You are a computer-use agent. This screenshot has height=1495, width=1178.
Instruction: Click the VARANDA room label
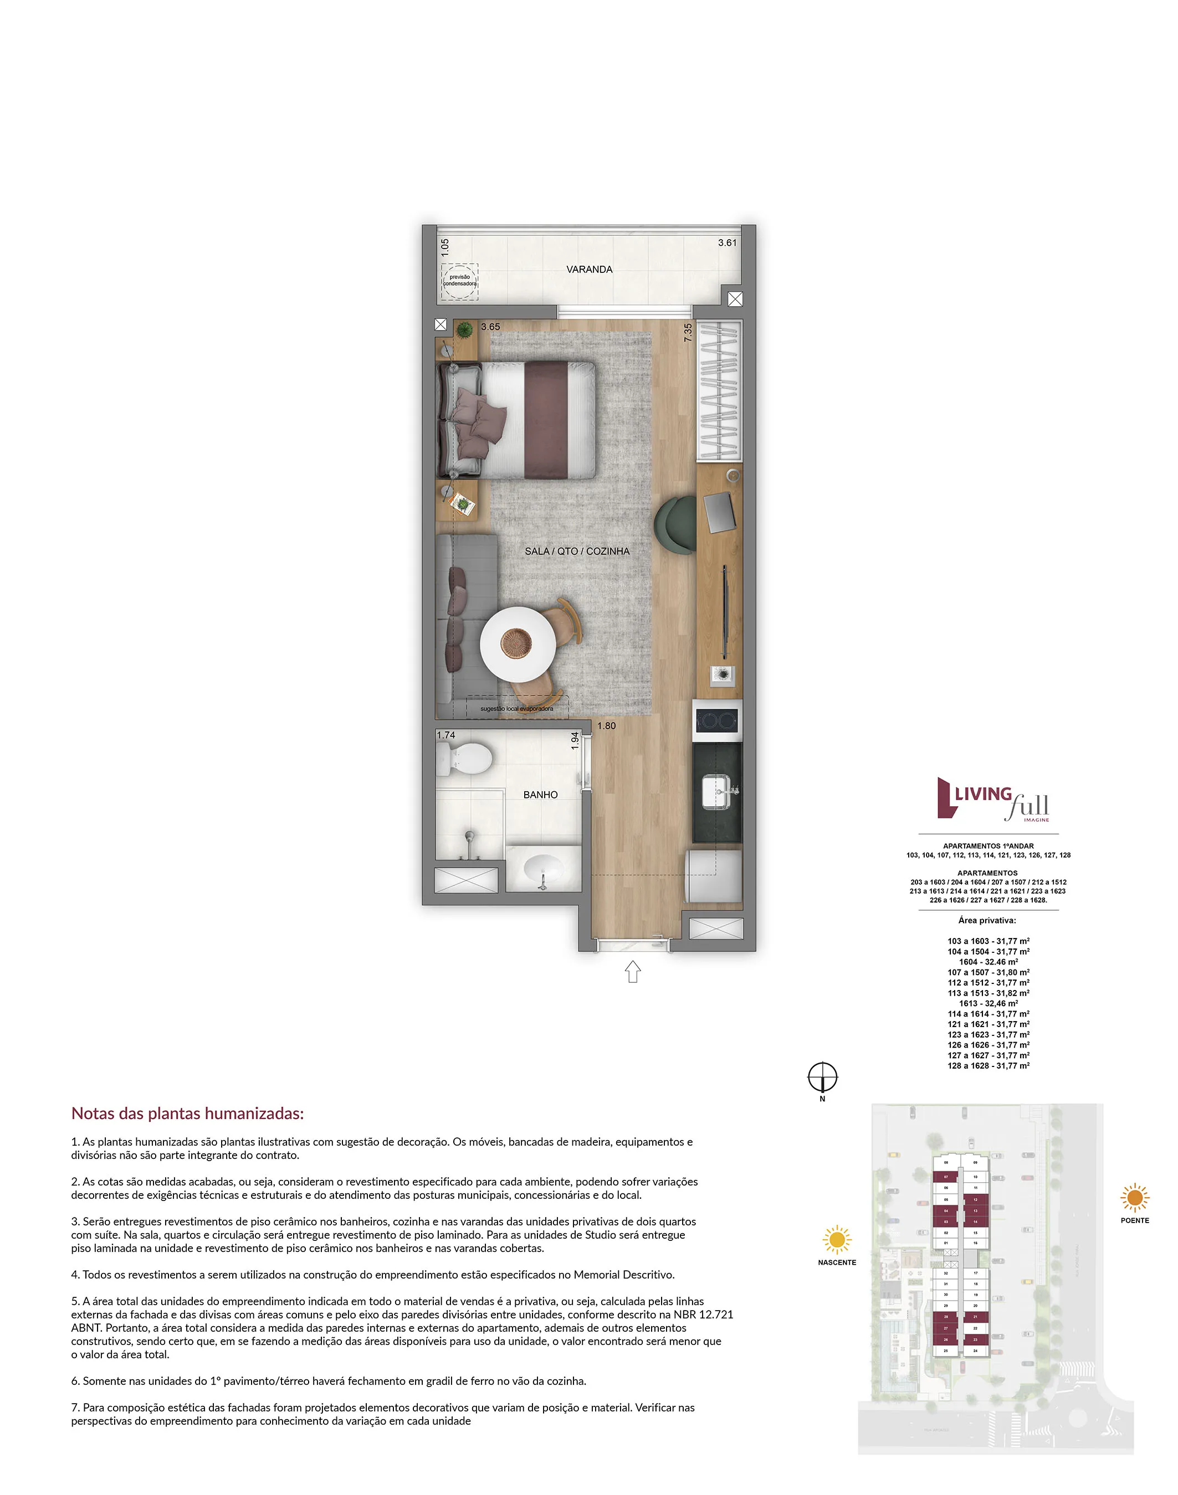tap(589, 270)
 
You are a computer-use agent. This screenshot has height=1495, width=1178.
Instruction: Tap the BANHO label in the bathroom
tap(540, 795)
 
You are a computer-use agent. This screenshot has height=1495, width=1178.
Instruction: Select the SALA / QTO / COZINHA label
tap(577, 551)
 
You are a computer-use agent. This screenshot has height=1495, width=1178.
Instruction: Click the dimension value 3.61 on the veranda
tap(727, 243)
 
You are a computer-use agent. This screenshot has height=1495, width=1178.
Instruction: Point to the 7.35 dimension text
tap(688, 333)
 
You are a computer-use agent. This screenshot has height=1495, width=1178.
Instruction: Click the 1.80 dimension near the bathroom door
tap(606, 726)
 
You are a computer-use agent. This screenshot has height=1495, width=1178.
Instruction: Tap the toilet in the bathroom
tap(465, 760)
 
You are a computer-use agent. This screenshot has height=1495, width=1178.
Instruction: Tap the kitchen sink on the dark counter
tap(718, 792)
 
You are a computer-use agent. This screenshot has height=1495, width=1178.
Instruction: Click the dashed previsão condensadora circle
tap(459, 281)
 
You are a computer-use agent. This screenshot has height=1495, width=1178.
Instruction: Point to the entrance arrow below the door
tap(632, 972)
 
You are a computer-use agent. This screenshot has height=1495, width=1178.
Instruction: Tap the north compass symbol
tap(822, 1076)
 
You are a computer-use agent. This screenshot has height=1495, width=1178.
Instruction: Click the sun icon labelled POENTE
tap(1135, 1198)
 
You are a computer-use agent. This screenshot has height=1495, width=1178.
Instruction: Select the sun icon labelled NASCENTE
tap(837, 1240)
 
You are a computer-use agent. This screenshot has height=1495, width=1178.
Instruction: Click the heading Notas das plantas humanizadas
tap(188, 1113)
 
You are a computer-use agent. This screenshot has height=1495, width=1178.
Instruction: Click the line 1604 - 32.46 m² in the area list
tap(987, 962)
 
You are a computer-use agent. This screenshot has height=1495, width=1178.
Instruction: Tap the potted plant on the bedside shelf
tap(465, 329)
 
